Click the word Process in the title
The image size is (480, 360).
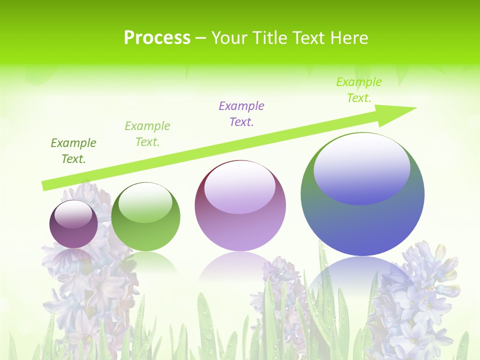click(157, 38)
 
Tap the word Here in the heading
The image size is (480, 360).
click(347, 38)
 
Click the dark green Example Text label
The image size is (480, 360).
click(73, 151)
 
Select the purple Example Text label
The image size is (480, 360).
click(241, 113)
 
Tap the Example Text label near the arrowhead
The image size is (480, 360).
click(359, 89)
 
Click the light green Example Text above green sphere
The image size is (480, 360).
click(147, 133)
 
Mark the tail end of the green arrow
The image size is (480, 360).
click(46, 185)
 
